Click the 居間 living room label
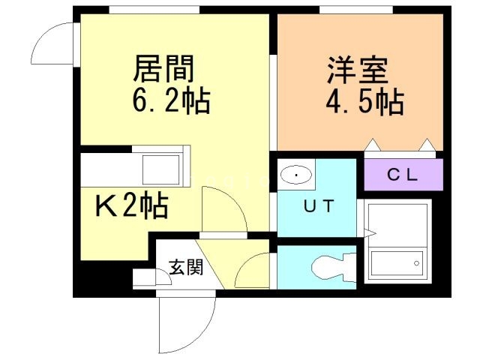(x=164, y=69)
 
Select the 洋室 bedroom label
(x=357, y=70)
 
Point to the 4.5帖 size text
(x=364, y=102)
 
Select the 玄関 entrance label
(x=185, y=267)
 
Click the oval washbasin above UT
(x=298, y=175)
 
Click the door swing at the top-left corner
(x=54, y=43)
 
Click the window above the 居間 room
(x=154, y=9)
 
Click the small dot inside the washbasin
(x=298, y=175)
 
